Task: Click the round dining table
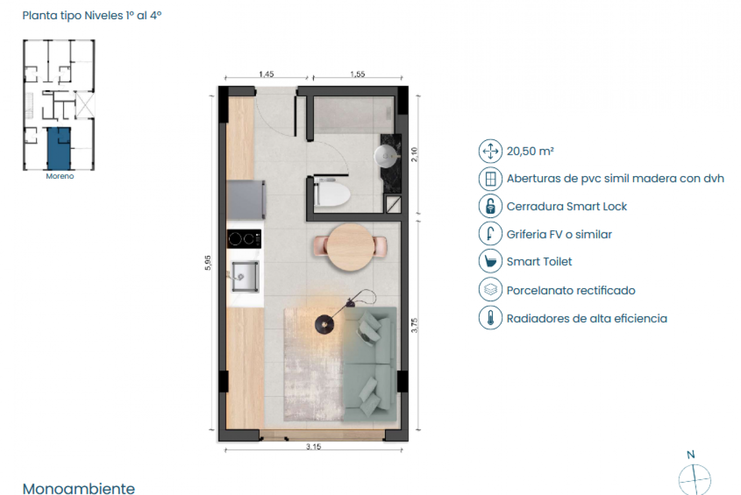click(350, 247)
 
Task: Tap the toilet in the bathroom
click(332, 194)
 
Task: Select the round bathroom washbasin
click(385, 155)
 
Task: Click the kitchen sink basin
click(245, 276)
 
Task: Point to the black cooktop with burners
click(244, 239)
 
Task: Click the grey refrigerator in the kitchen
click(246, 200)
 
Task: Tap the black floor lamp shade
click(325, 325)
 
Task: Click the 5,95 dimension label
click(208, 263)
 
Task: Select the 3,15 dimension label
click(313, 447)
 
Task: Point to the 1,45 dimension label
click(266, 75)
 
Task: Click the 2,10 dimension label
click(414, 154)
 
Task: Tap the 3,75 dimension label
click(414, 326)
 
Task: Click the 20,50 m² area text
click(530, 151)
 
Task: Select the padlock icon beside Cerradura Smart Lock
click(490, 206)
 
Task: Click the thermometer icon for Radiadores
click(490, 318)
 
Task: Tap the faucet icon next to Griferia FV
click(490, 234)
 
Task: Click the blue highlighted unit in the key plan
click(58, 148)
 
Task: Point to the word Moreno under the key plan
click(59, 176)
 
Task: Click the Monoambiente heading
click(79, 488)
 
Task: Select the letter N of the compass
click(690, 455)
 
